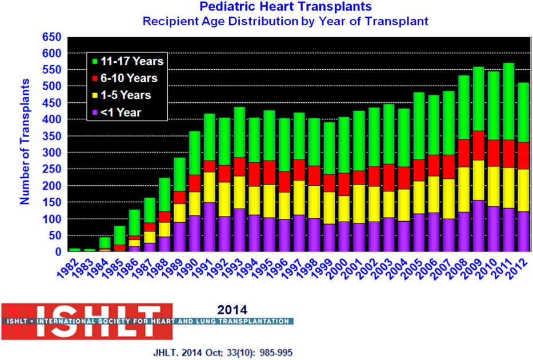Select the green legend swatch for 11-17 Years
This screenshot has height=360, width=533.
(x=94, y=61)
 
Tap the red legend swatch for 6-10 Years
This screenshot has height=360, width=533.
(x=94, y=78)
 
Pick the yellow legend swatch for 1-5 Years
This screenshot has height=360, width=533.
(x=94, y=95)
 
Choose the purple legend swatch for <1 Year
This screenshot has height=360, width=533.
(x=94, y=113)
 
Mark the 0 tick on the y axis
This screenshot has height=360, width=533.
(x=57, y=252)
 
